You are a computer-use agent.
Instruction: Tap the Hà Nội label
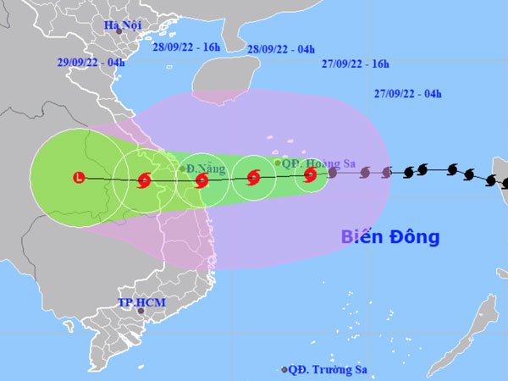point(124,25)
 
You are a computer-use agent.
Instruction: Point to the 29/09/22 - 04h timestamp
point(91,63)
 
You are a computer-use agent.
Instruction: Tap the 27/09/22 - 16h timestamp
point(356,64)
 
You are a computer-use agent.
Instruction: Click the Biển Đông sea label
point(390,237)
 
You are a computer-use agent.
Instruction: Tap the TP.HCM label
point(141,302)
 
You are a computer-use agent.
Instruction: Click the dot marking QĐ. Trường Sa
point(284,369)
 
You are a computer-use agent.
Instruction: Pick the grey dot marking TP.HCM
point(141,312)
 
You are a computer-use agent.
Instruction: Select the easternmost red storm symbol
point(311,176)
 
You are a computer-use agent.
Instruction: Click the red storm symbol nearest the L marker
point(142,179)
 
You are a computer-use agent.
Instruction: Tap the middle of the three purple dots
point(365,174)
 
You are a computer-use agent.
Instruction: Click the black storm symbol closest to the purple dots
point(409,172)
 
